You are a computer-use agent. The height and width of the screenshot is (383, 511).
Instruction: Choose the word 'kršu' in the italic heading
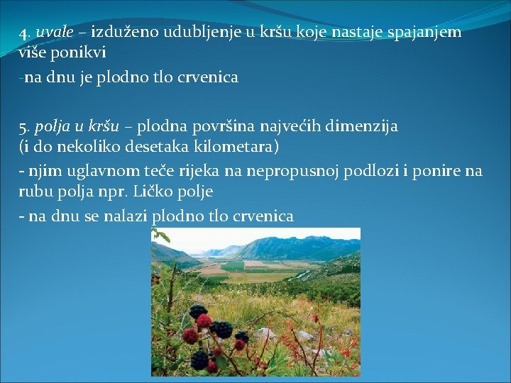[x=104, y=127]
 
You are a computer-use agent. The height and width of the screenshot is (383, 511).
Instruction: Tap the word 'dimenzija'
[x=364, y=127]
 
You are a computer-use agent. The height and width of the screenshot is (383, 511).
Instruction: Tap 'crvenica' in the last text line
[x=263, y=216]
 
